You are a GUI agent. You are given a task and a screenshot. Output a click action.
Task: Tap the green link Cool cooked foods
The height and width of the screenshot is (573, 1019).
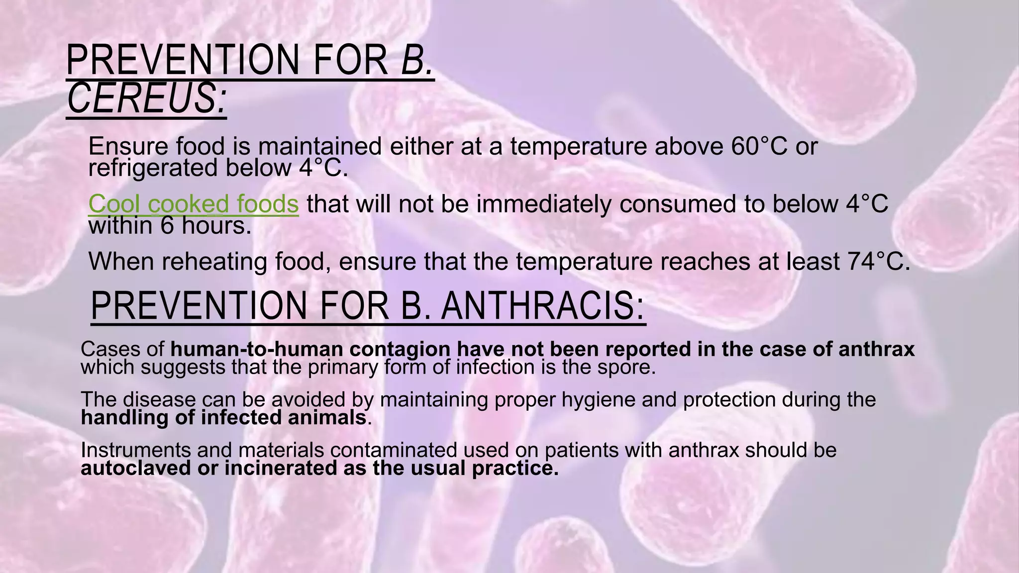pos(193,203)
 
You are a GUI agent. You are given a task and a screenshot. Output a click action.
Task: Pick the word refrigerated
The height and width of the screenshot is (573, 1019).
pos(153,168)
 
